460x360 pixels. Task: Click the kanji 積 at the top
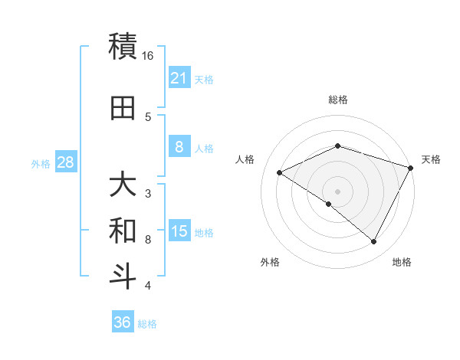[x=123, y=46]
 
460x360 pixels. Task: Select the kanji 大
[x=123, y=185]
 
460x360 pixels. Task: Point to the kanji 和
[x=123, y=230]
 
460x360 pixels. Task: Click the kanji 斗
[x=123, y=276]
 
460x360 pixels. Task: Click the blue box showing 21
[x=179, y=78]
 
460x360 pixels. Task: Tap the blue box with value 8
[x=179, y=148]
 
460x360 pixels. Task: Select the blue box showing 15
[x=179, y=232]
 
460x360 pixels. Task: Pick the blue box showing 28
[x=65, y=163]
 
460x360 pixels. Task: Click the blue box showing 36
[x=123, y=322]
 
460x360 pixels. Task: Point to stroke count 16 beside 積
[x=148, y=56]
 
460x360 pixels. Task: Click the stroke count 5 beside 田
[x=148, y=117]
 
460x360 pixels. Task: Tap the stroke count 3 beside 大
[x=148, y=193]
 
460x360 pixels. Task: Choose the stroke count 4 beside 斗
[x=148, y=286]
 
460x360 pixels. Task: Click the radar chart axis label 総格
[x=337, y=100]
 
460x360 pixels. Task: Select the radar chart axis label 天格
[x=431, y=159]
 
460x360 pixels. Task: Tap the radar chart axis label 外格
[x=270, y=262]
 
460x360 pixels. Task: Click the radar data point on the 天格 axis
[x=412, y=168]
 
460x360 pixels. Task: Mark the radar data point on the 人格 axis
[x=280, y=173]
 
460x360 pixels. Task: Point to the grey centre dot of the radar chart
[x=337, y=191]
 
